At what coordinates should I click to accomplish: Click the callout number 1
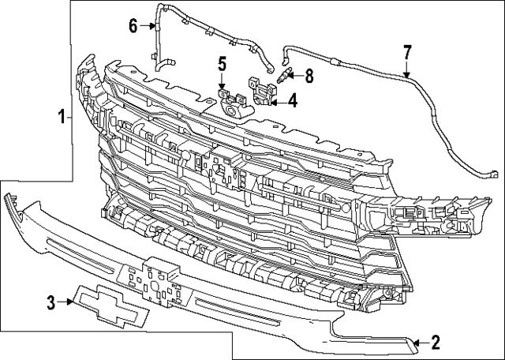[x=62, y=118]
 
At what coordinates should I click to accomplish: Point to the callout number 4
[x=292, y=100]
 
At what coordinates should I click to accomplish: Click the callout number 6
[x=133, y=26]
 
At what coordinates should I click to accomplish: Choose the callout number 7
[x=407, y=52]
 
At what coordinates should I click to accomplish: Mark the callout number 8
[x=308, y=77]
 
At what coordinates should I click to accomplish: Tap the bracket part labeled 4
[x=261, y=89]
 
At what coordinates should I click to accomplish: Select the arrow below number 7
[x=407, y=71]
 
